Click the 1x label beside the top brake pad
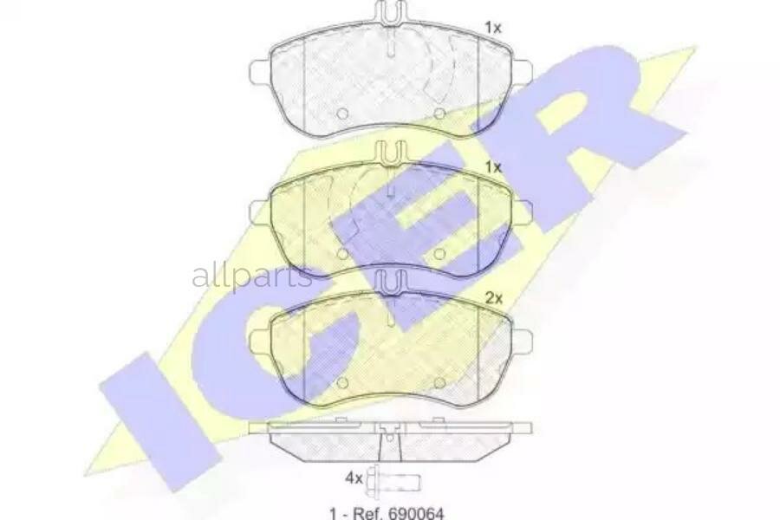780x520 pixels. [x=492, y=28]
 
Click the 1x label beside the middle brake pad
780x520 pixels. [x=492, y=166]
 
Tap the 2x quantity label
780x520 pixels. [x=494, y=298]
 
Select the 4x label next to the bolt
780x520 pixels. [x=353, y=478]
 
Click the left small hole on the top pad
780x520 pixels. [x=341, y=114]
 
